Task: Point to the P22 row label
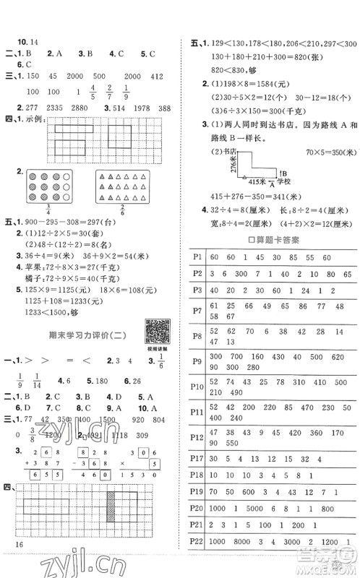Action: click(197, 561)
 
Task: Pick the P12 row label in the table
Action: click(197, 436)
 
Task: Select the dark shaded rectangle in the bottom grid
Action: click(113, 509)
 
